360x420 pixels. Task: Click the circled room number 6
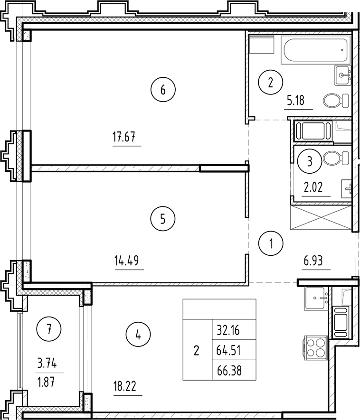coord(163,89)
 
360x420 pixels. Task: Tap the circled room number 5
coord(163,219)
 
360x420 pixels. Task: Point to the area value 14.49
coord(129,261)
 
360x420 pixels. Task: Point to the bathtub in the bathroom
coord(313,49)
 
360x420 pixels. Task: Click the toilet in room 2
coord(332,100)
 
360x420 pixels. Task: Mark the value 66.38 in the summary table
coord(229,370)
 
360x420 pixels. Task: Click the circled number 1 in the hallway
coord(271,244)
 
